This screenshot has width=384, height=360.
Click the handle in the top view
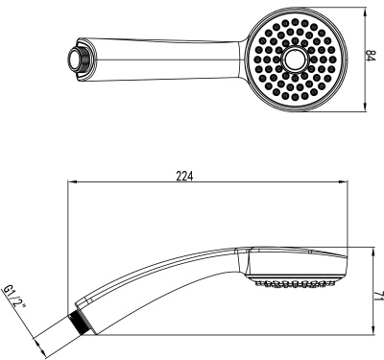point(163,55)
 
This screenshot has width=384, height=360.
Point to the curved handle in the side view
point(154,283)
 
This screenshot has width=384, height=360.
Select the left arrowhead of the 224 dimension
point(68,182)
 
